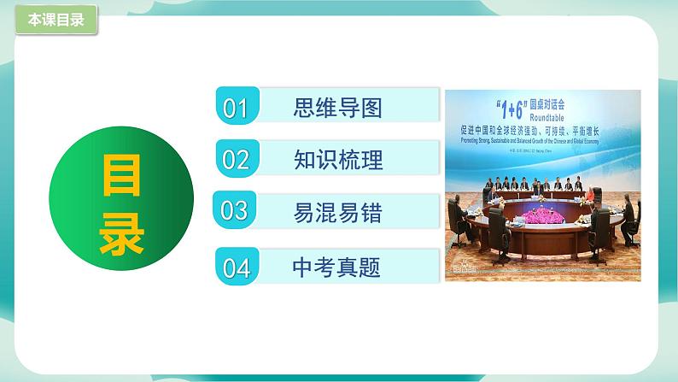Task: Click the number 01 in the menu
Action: coord(235,109)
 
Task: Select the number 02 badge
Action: coord(235,159)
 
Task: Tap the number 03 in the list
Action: coord(235,210)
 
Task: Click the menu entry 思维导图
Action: coord(336,109)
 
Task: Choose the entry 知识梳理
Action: coord(336,159)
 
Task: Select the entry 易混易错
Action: coord(336,210)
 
